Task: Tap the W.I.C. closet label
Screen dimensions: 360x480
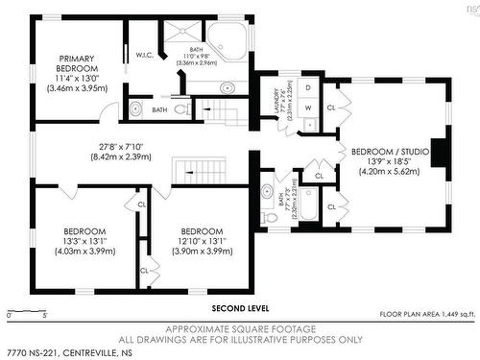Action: tap(145, 54)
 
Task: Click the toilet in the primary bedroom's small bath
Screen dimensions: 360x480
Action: tap(136, 108)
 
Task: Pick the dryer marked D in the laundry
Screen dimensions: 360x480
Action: tap(307, 86)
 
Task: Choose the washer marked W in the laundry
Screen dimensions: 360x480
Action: tap(307, 108)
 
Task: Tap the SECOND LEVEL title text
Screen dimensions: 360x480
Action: tap(240, 309)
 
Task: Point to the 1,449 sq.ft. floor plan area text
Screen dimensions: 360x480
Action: tap(426, 314)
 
